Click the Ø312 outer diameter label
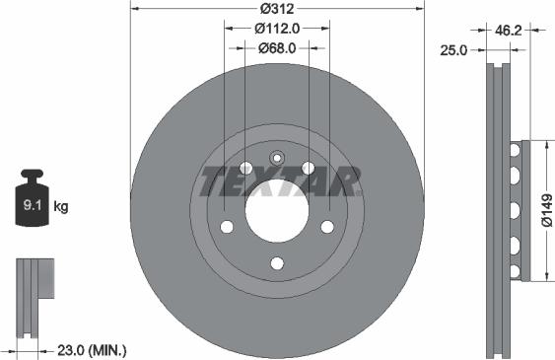point(277,10)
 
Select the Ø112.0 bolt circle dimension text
point(277,29)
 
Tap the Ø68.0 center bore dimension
point(277,47)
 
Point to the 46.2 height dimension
point(509,30)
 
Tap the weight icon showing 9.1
point(32,205)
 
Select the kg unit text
point(61,207)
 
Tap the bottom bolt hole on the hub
point(277,262)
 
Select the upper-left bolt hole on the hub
point(245,168)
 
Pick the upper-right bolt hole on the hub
point(309,168)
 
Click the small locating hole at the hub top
point(277,155)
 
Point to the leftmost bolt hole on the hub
point(226,227)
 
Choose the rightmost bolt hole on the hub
point(328,227)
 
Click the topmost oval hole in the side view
point(514,149)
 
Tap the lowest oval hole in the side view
point(514,269)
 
